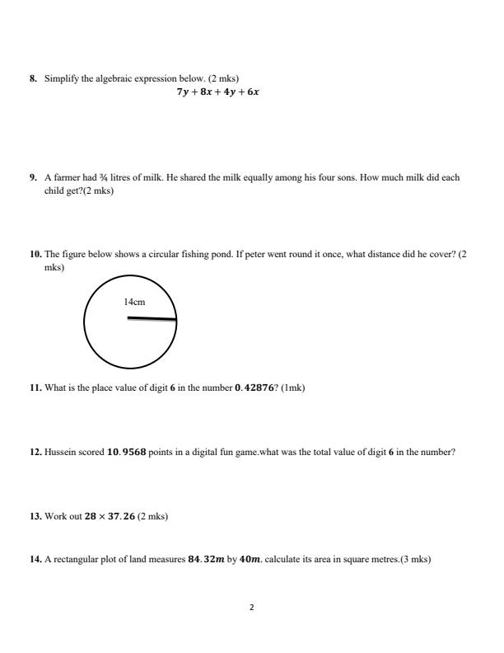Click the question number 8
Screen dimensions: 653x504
33,79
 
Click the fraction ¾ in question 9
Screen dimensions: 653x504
110,177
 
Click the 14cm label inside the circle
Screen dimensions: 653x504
134,303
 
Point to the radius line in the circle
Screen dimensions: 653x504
152,318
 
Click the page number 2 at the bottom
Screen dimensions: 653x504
252,608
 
